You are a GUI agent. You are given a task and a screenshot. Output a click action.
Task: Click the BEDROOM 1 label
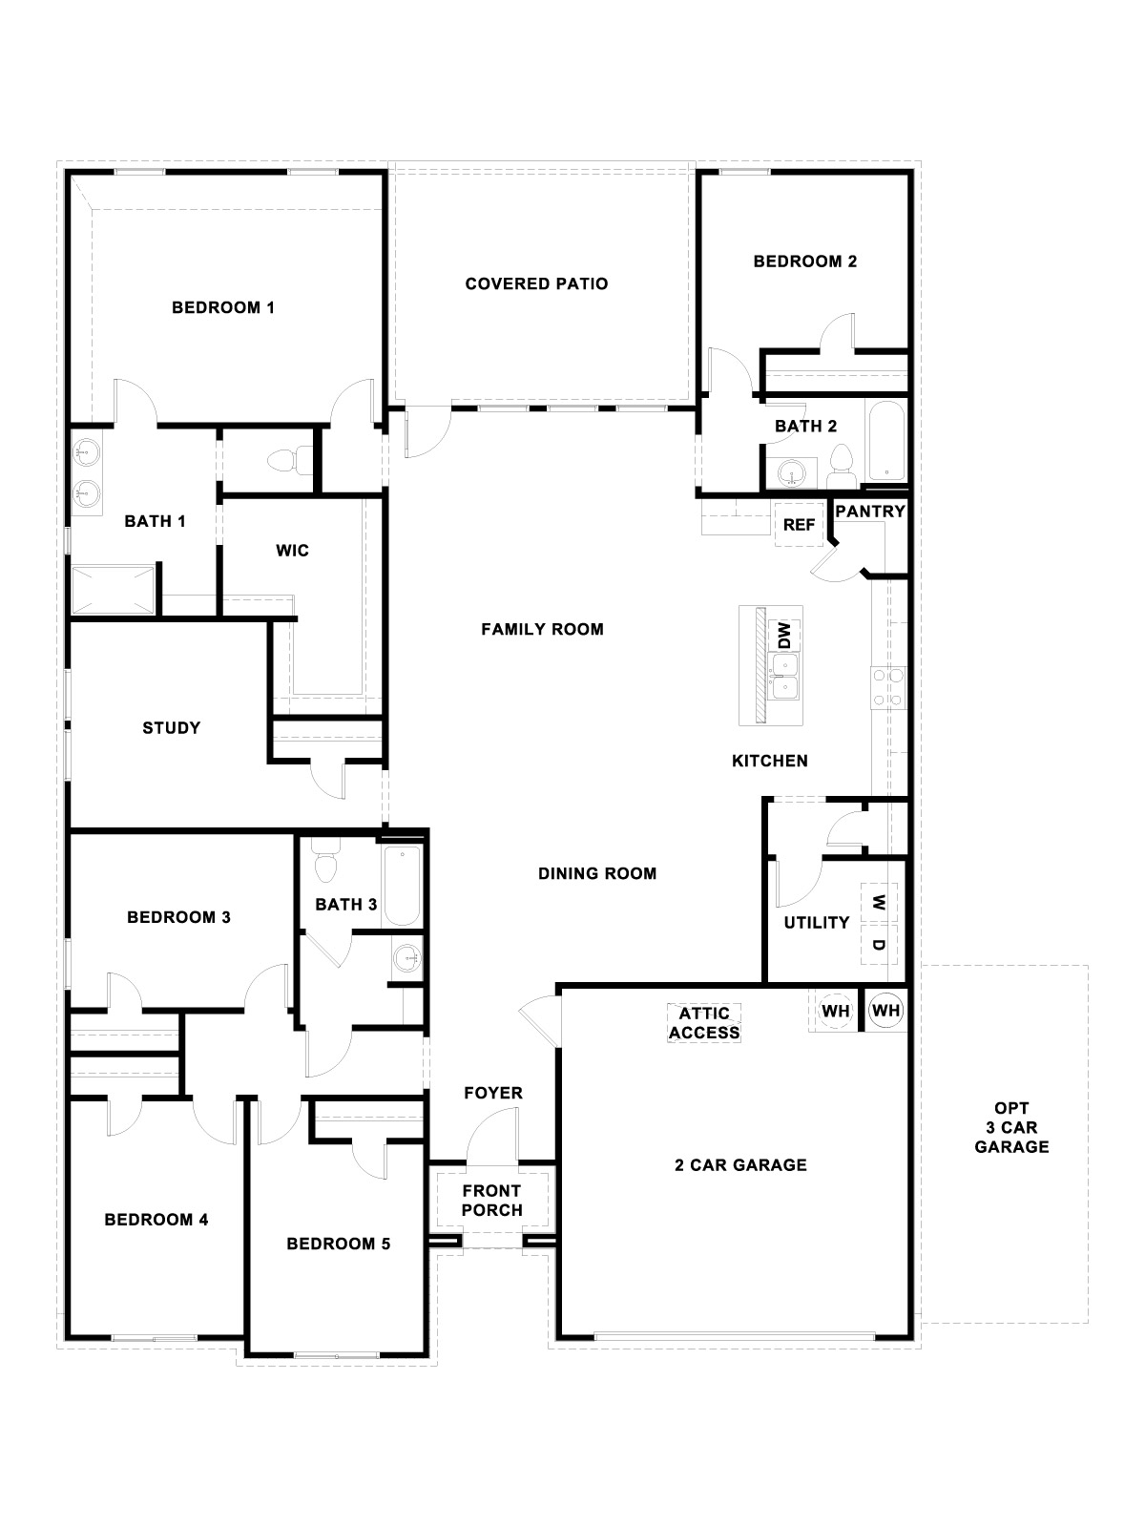click(x=223, y=307)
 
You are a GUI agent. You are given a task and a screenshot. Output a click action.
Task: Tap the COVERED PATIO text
click(x=536, y=283)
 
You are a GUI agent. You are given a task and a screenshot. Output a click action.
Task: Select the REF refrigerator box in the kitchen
click(x=799, y=525)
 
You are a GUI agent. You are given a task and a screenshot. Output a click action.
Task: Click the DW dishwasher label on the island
click(x=784, y=634)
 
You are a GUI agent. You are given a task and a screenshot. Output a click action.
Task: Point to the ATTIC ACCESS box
click(x=704, y=1023)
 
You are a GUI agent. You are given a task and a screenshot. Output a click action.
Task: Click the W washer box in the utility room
click(x=880, y=901)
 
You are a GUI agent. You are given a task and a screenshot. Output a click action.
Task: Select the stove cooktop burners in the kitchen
click(x=886, y=687)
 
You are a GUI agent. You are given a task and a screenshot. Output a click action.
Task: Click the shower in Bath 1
click(x=113, y=589)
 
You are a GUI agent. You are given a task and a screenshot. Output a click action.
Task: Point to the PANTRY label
click(x=869, y=512)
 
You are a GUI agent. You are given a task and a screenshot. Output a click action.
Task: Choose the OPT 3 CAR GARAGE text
click(x=1011, y=1128)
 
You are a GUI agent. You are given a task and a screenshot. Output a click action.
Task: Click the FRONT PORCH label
click(x=492, y=1201)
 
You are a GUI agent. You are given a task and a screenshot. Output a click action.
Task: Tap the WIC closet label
click(x=292, y=551)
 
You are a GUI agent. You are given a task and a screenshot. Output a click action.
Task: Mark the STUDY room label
click(x=172, y=728)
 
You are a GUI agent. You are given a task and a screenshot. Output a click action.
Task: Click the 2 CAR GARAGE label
click(x=741, y=1164)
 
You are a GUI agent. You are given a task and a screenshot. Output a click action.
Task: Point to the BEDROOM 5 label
click(x=338, y=1244)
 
